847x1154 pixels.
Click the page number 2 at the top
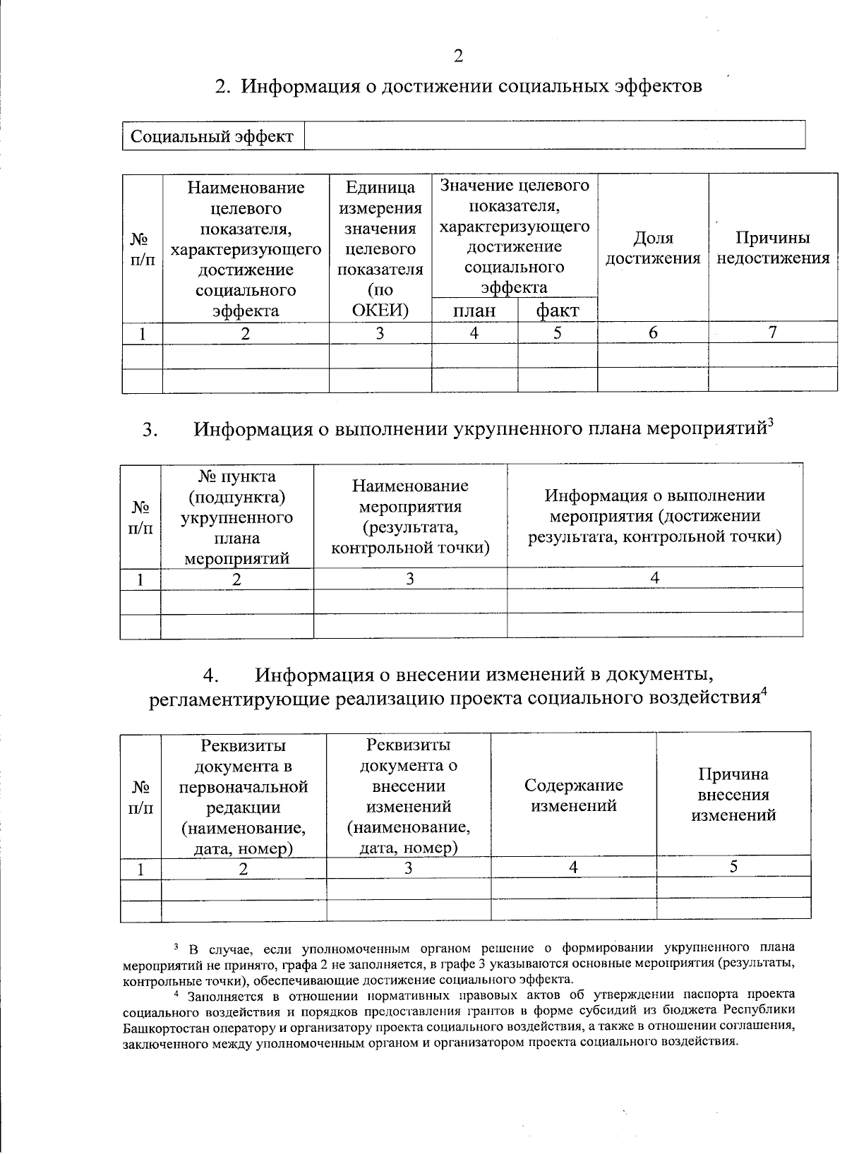coord(458,56)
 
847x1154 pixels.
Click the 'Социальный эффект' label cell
coord(212,136)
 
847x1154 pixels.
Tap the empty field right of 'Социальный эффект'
coord(554,136)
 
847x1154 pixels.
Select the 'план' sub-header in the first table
coord(474,311)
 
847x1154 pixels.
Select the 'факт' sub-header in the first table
coord(558,311)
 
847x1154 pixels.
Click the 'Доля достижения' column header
coord(653,248)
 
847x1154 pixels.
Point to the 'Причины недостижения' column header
coord(773,248)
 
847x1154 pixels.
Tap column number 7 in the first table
coord(773,332)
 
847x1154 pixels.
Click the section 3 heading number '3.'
coord(150,430)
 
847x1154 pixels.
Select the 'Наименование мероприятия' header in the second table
coord(410,516)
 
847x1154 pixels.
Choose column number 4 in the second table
coord(655,578)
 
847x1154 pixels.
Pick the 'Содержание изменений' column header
coord(573,795)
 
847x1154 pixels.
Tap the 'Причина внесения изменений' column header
coord(733,795)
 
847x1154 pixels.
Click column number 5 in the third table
coord(733,867)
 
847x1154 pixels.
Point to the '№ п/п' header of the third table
coord(141,796)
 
